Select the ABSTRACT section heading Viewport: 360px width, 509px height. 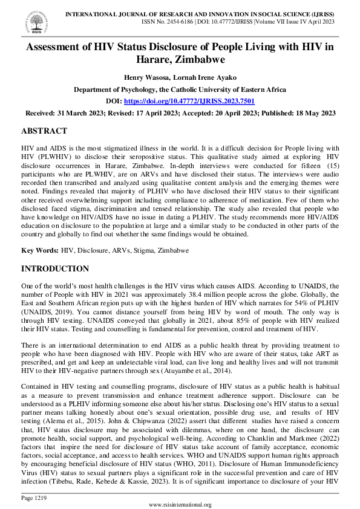pyautogui.click(x=44, y=131)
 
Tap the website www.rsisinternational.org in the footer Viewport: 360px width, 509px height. pyautogui.click(x=180, y=505)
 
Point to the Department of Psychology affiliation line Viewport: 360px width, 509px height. pyautogui.click(x=180, y=89)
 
